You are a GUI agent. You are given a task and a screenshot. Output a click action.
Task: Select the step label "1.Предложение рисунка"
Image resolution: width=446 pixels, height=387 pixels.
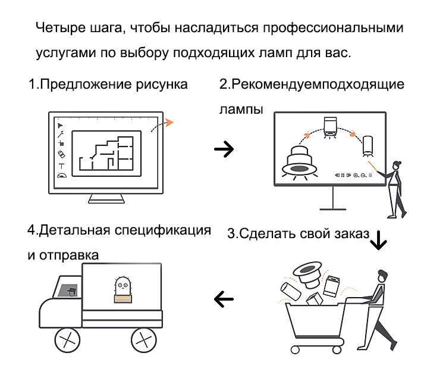pyautogui.click(x=108, y=84)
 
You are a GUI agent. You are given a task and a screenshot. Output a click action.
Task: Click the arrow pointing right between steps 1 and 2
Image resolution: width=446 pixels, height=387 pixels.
pyautogui.click(x=224, y=149)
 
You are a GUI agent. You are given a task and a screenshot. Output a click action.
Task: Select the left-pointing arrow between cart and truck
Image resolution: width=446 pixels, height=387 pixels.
pyautogui.click(x=224, y=298)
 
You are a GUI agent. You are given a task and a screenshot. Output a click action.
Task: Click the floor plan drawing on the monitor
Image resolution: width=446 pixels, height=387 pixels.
pyautogui.click(x=107, y=153)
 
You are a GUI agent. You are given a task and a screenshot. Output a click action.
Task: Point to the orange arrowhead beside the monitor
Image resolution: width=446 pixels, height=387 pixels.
pyautogui.click(x=170, y=123)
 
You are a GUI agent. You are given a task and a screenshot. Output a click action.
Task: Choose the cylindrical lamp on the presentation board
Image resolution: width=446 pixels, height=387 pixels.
pyautogui.click(x=368, y=146)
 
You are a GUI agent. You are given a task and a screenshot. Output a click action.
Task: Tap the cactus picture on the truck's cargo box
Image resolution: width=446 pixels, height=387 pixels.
pyautogui.click(x=123, y=290)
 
